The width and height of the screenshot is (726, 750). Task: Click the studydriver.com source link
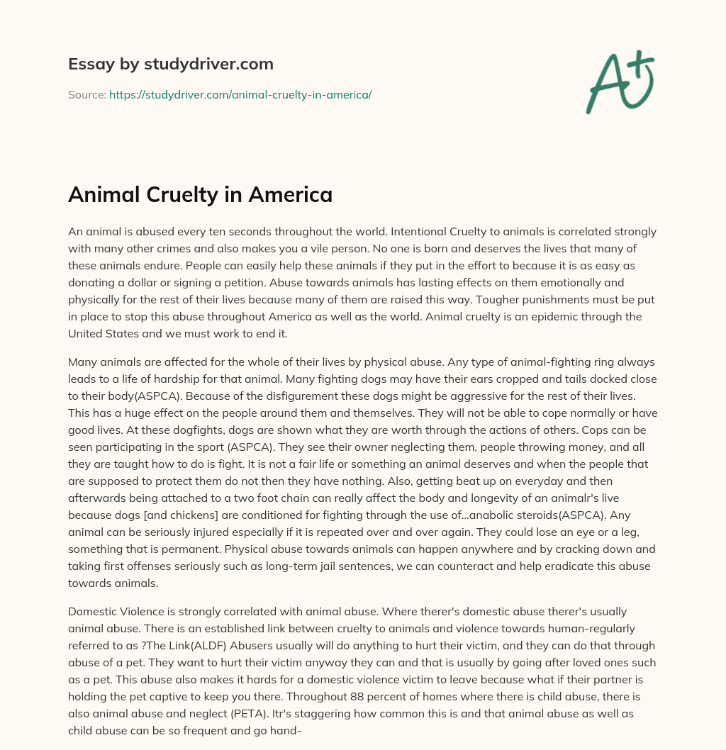(240, 94)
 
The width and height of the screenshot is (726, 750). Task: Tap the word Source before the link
(86, 94)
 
